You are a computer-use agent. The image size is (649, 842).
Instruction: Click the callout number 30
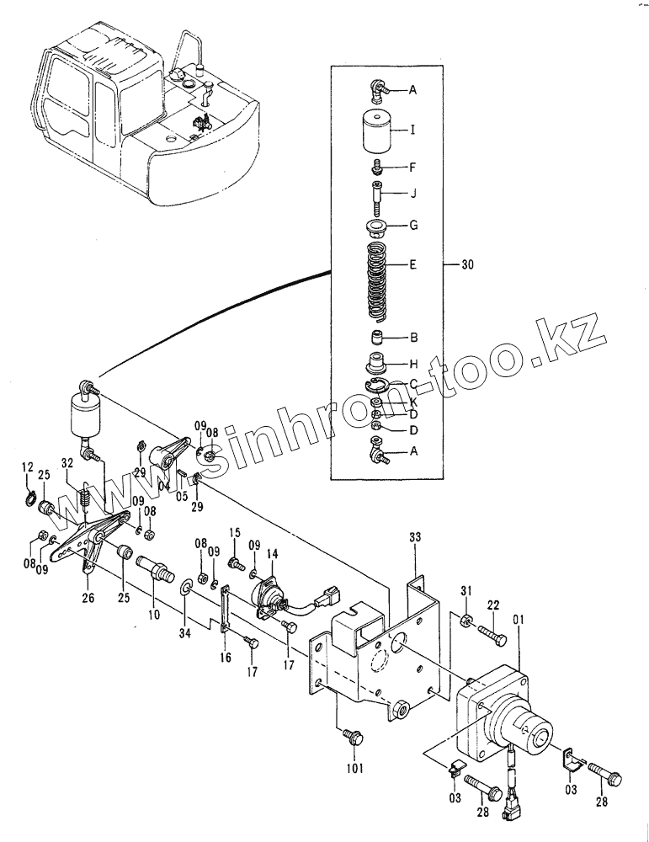[469, 266]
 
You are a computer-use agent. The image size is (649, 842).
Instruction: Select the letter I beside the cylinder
[413, 131]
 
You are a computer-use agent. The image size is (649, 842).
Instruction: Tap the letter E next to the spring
[413, 264]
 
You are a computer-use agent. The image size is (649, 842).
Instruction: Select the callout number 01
[519, 621]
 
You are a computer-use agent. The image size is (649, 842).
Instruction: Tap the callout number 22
[492, 605]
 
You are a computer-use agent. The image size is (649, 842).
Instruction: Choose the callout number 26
[88, 599]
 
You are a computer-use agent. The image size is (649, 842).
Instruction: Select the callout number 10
[153, 615]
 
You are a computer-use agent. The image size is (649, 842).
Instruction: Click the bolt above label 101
[352, 738]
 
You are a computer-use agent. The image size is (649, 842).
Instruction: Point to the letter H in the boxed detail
[413, 364]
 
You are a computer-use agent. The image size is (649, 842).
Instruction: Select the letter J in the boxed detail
[413, 192]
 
